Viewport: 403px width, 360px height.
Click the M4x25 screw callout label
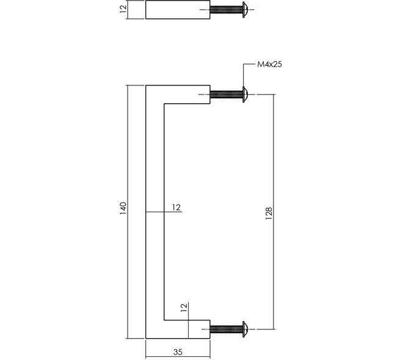pos(269,64)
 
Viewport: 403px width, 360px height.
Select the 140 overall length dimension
pos(123,209)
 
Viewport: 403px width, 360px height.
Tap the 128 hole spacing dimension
pos(268,213)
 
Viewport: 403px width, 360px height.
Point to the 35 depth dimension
pos(178,352)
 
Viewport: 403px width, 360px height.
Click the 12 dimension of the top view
pos(123,9)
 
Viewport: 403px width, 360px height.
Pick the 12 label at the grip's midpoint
pos(176,207)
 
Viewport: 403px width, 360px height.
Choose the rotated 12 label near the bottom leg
pos(184,308)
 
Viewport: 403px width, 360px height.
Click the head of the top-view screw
pos(245,10)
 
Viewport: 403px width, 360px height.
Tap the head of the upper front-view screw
pos(245,95)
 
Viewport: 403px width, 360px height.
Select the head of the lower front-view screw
pos(245,329)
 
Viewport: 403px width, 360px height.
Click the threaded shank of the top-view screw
pos(227,10)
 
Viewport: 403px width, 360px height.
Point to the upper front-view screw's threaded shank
pos(227,95)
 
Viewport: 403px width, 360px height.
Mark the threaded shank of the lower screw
pos(227,329)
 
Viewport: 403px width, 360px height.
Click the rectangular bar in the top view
pos(178,10)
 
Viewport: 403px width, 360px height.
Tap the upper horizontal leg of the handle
pos(178,95)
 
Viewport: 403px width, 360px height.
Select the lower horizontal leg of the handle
pos(178,329)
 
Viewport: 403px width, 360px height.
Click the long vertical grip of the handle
pos(155,212)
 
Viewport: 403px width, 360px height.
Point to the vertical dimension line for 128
pos(274,212)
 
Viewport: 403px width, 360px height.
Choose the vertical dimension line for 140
pos(128,212)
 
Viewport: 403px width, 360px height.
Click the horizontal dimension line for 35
pos(178,357)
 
